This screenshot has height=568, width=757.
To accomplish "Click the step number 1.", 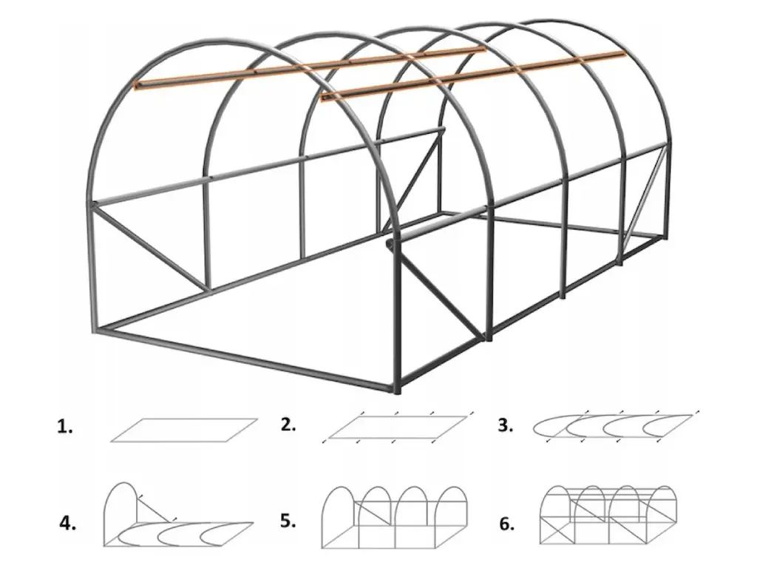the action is [x=65, y=427].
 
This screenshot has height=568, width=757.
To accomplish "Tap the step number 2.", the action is [x=288, y=425].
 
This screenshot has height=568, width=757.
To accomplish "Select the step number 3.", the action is [x=506, y=425].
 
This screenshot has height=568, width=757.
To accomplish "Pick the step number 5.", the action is [x=288, y=521].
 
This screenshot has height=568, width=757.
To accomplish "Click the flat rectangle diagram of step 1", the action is [x=184, y=430].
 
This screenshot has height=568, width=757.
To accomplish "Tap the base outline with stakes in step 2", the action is [x=397, y=427].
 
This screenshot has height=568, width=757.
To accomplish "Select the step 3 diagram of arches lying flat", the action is [x=617, y=426].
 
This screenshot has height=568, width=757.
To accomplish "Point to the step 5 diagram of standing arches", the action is [x=395, y=517].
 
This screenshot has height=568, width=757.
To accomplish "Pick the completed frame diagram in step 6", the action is [x=608, y=515].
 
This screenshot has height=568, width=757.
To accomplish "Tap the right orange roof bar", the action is [x=473, y=76].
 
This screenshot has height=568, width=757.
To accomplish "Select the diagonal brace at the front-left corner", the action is [x=152, y=248].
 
